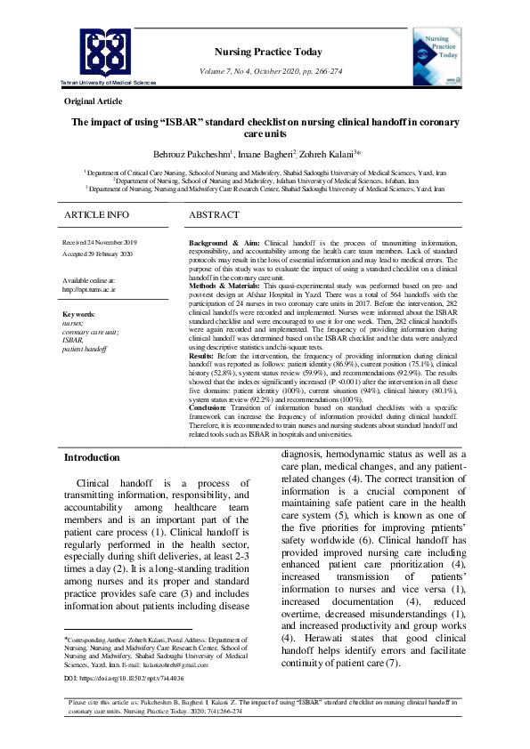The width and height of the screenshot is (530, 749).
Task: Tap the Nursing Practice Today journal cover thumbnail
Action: click(436, 57)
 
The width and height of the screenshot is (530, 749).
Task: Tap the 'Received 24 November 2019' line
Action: click(99, 242)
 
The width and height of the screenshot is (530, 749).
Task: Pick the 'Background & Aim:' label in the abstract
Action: click(225, 243)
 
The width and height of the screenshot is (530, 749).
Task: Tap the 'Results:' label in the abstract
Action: click(206, 356)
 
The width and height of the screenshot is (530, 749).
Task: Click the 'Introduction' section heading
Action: click(91, 457)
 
